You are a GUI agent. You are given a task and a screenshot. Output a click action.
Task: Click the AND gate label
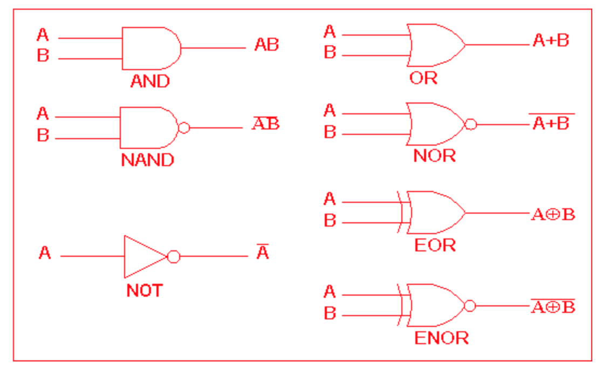tap(150, 81)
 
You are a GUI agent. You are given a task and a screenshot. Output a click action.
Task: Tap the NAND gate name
tap(147, 160)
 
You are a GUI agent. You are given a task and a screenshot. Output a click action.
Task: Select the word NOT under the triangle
tap(145, 291)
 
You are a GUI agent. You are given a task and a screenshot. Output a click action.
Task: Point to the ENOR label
tap(441, 338)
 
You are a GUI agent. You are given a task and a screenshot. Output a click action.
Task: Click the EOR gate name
tap(435, 245)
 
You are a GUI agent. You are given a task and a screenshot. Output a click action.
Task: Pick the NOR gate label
tap(434, 156)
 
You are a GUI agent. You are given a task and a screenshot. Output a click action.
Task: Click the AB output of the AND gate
tap(266, 45)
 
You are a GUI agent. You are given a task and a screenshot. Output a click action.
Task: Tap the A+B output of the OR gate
tap(550, 40)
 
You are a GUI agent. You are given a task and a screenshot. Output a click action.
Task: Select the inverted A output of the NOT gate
tap(262, 252)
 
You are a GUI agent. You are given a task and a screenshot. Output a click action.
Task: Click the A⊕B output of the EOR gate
tap(553, 214)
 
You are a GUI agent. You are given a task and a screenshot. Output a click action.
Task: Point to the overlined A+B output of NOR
tap(550, 124)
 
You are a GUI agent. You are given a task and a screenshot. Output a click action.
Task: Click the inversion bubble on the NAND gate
tap(184, 128)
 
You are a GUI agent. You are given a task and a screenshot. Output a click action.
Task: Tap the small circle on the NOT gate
tap(174, 256)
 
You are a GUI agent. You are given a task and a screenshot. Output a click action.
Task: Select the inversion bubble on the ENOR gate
tap(470, 306)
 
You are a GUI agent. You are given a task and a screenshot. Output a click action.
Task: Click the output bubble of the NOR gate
tap(470, 125)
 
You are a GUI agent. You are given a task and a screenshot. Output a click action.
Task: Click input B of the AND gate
tap(43, 56)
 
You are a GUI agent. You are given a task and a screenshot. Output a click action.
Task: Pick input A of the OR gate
tap(330, 32)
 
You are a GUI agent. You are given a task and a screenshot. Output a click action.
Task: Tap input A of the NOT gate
tap(45, 252)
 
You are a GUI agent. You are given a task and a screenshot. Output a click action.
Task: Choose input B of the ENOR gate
tap(330, 313)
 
